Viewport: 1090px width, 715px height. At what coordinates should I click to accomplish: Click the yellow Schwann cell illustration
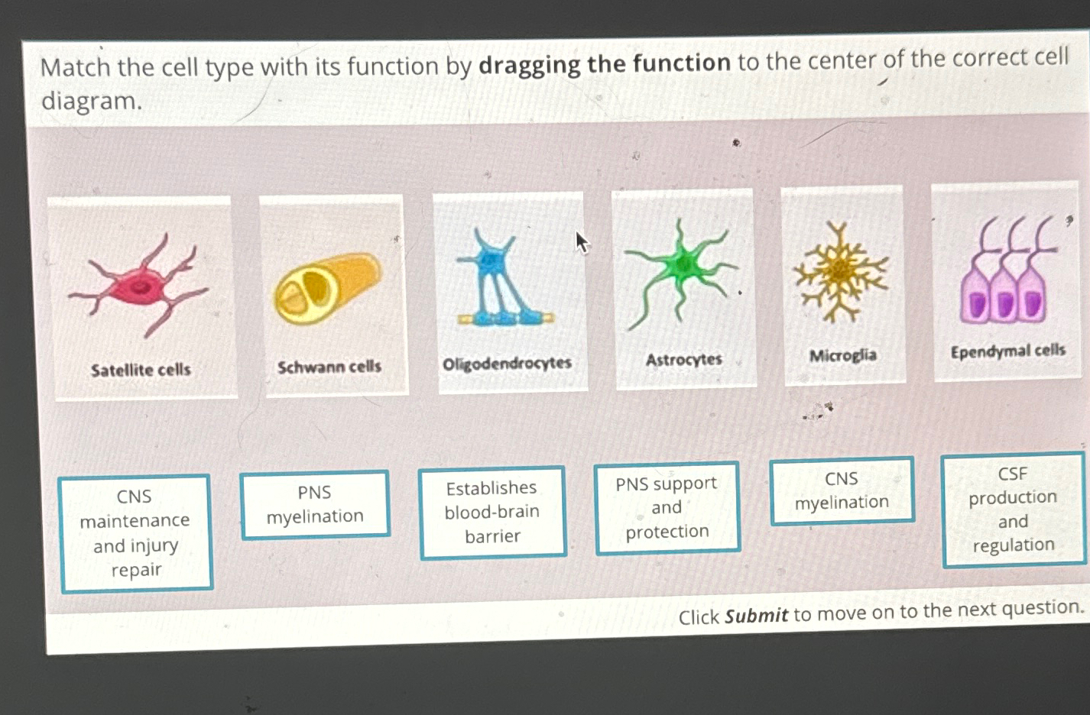coord(327,288)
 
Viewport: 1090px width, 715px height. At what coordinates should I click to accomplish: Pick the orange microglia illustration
coord(841,271)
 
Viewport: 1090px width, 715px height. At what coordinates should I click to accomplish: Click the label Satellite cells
coord(141,370)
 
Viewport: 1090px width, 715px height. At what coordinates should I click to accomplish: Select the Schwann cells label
coord(329,367)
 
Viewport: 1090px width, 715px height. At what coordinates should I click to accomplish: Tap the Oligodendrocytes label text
coord(507,364)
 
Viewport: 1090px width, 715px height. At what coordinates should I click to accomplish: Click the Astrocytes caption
coord(683,359)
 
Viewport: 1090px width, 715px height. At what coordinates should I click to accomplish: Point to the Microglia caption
coord(842,355)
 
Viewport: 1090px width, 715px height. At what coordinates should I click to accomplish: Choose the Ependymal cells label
coord(1007,351)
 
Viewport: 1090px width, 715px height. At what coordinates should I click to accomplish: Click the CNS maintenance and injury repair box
coord(135,532)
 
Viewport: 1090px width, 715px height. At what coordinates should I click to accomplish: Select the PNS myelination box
coord(315,504)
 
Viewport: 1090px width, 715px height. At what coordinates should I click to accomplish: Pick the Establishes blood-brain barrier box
coord(492,511)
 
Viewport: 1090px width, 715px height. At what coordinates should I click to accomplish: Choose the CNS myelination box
coord(842,490)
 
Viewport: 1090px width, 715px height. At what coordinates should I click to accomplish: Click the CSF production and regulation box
coord(1013,510)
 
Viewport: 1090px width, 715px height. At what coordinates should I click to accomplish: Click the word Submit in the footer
coord(756,616)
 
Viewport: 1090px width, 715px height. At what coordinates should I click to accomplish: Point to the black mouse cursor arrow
coord(582,242)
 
